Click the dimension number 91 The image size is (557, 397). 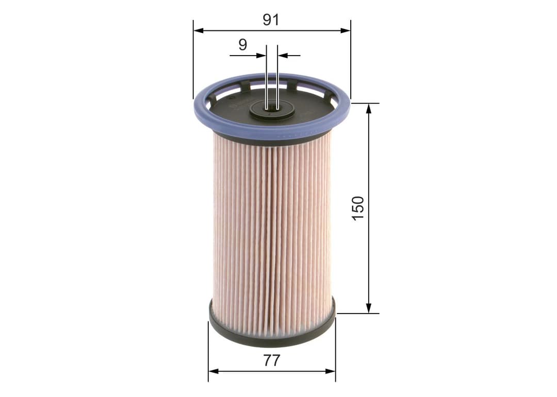tap(271, 20)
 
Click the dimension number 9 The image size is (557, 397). tap(242, 45)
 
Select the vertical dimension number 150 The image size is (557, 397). tap(358, 208)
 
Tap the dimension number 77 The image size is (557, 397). tap(271, 360)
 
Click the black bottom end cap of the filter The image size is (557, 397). tap(272, 337)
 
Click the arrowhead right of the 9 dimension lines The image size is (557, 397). tap(283, 55)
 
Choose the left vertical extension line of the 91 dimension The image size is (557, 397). tap(193, 62)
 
